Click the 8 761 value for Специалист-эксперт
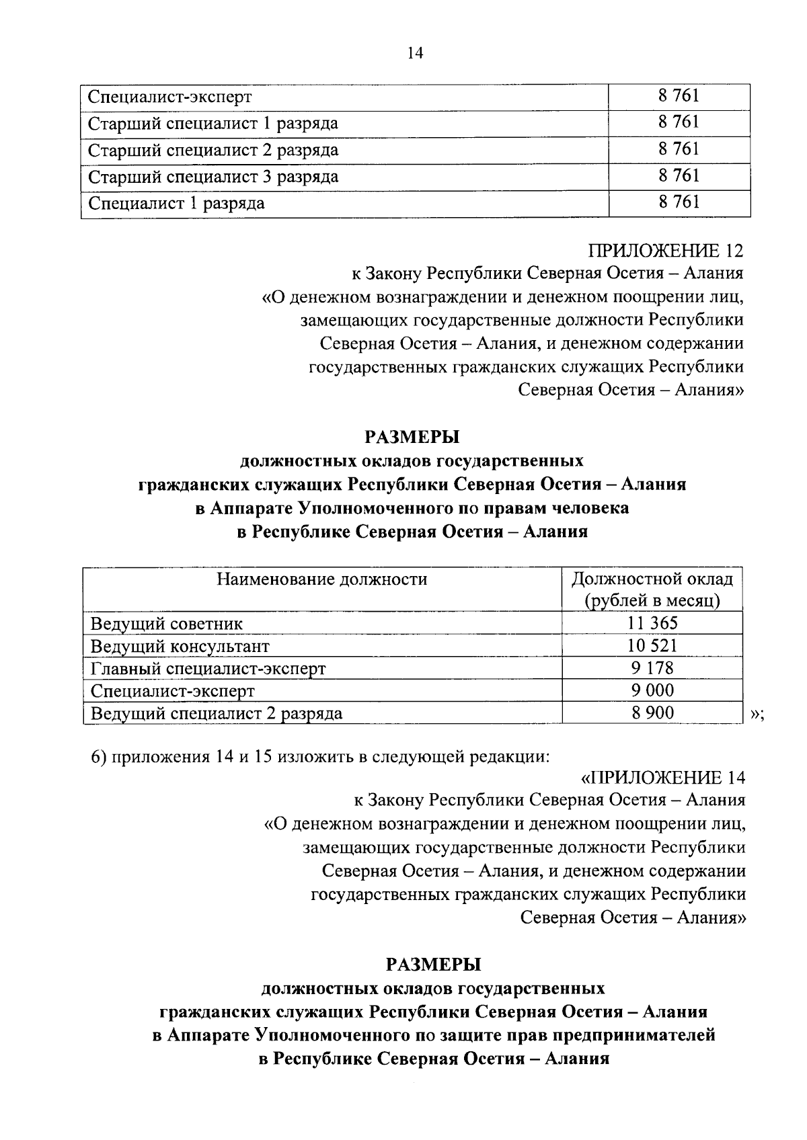pos(679,96)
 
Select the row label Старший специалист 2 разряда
pos(213,150)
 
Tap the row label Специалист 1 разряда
pos(177,203)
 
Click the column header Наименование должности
pos(321,579)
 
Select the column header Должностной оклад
pos(652,579)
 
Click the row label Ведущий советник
pos(167,624)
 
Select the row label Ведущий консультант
pos(180,647)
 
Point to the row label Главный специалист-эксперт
pos(208,669)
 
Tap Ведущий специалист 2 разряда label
pos(216,713)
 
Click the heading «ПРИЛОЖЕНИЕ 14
pos(662,778)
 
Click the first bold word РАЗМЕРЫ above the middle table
pos(412,438)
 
